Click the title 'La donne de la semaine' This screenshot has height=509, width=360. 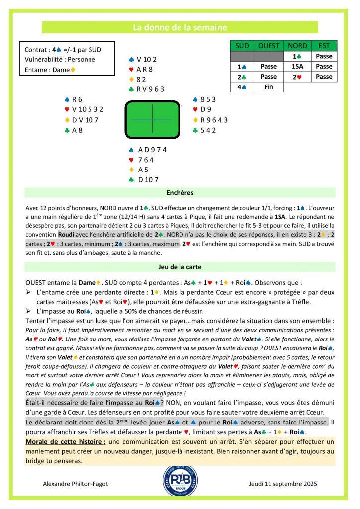180,27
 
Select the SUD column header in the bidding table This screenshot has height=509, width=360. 242,46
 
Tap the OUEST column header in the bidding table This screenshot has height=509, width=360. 269,46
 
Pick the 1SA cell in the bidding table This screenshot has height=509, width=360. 297,66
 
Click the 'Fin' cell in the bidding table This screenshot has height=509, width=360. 269,87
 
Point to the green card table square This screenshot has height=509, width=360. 151,119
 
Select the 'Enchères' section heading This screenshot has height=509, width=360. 180,192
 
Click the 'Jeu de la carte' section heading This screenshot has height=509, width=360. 180,266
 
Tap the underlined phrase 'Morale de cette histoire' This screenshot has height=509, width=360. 66,442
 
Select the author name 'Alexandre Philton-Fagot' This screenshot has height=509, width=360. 75,484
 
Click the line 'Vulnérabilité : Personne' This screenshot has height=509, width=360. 60,60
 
